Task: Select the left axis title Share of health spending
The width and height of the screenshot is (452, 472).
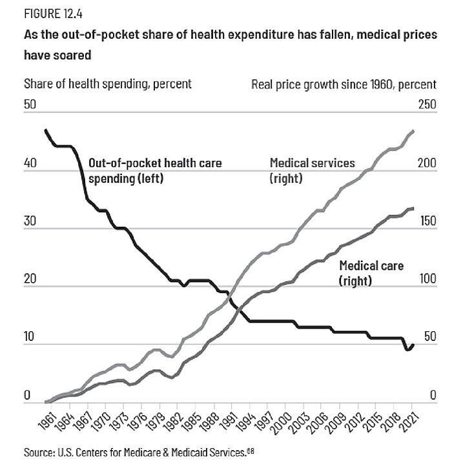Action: (108, 83)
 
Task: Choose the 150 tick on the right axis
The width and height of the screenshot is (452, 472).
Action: (411, 221)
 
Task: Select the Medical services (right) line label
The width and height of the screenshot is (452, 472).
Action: (312, 170)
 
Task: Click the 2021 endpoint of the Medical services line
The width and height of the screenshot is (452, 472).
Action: (413, 131)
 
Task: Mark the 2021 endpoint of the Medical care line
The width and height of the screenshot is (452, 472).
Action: (413, 209)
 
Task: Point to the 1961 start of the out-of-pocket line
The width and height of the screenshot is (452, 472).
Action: (45, 130)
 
